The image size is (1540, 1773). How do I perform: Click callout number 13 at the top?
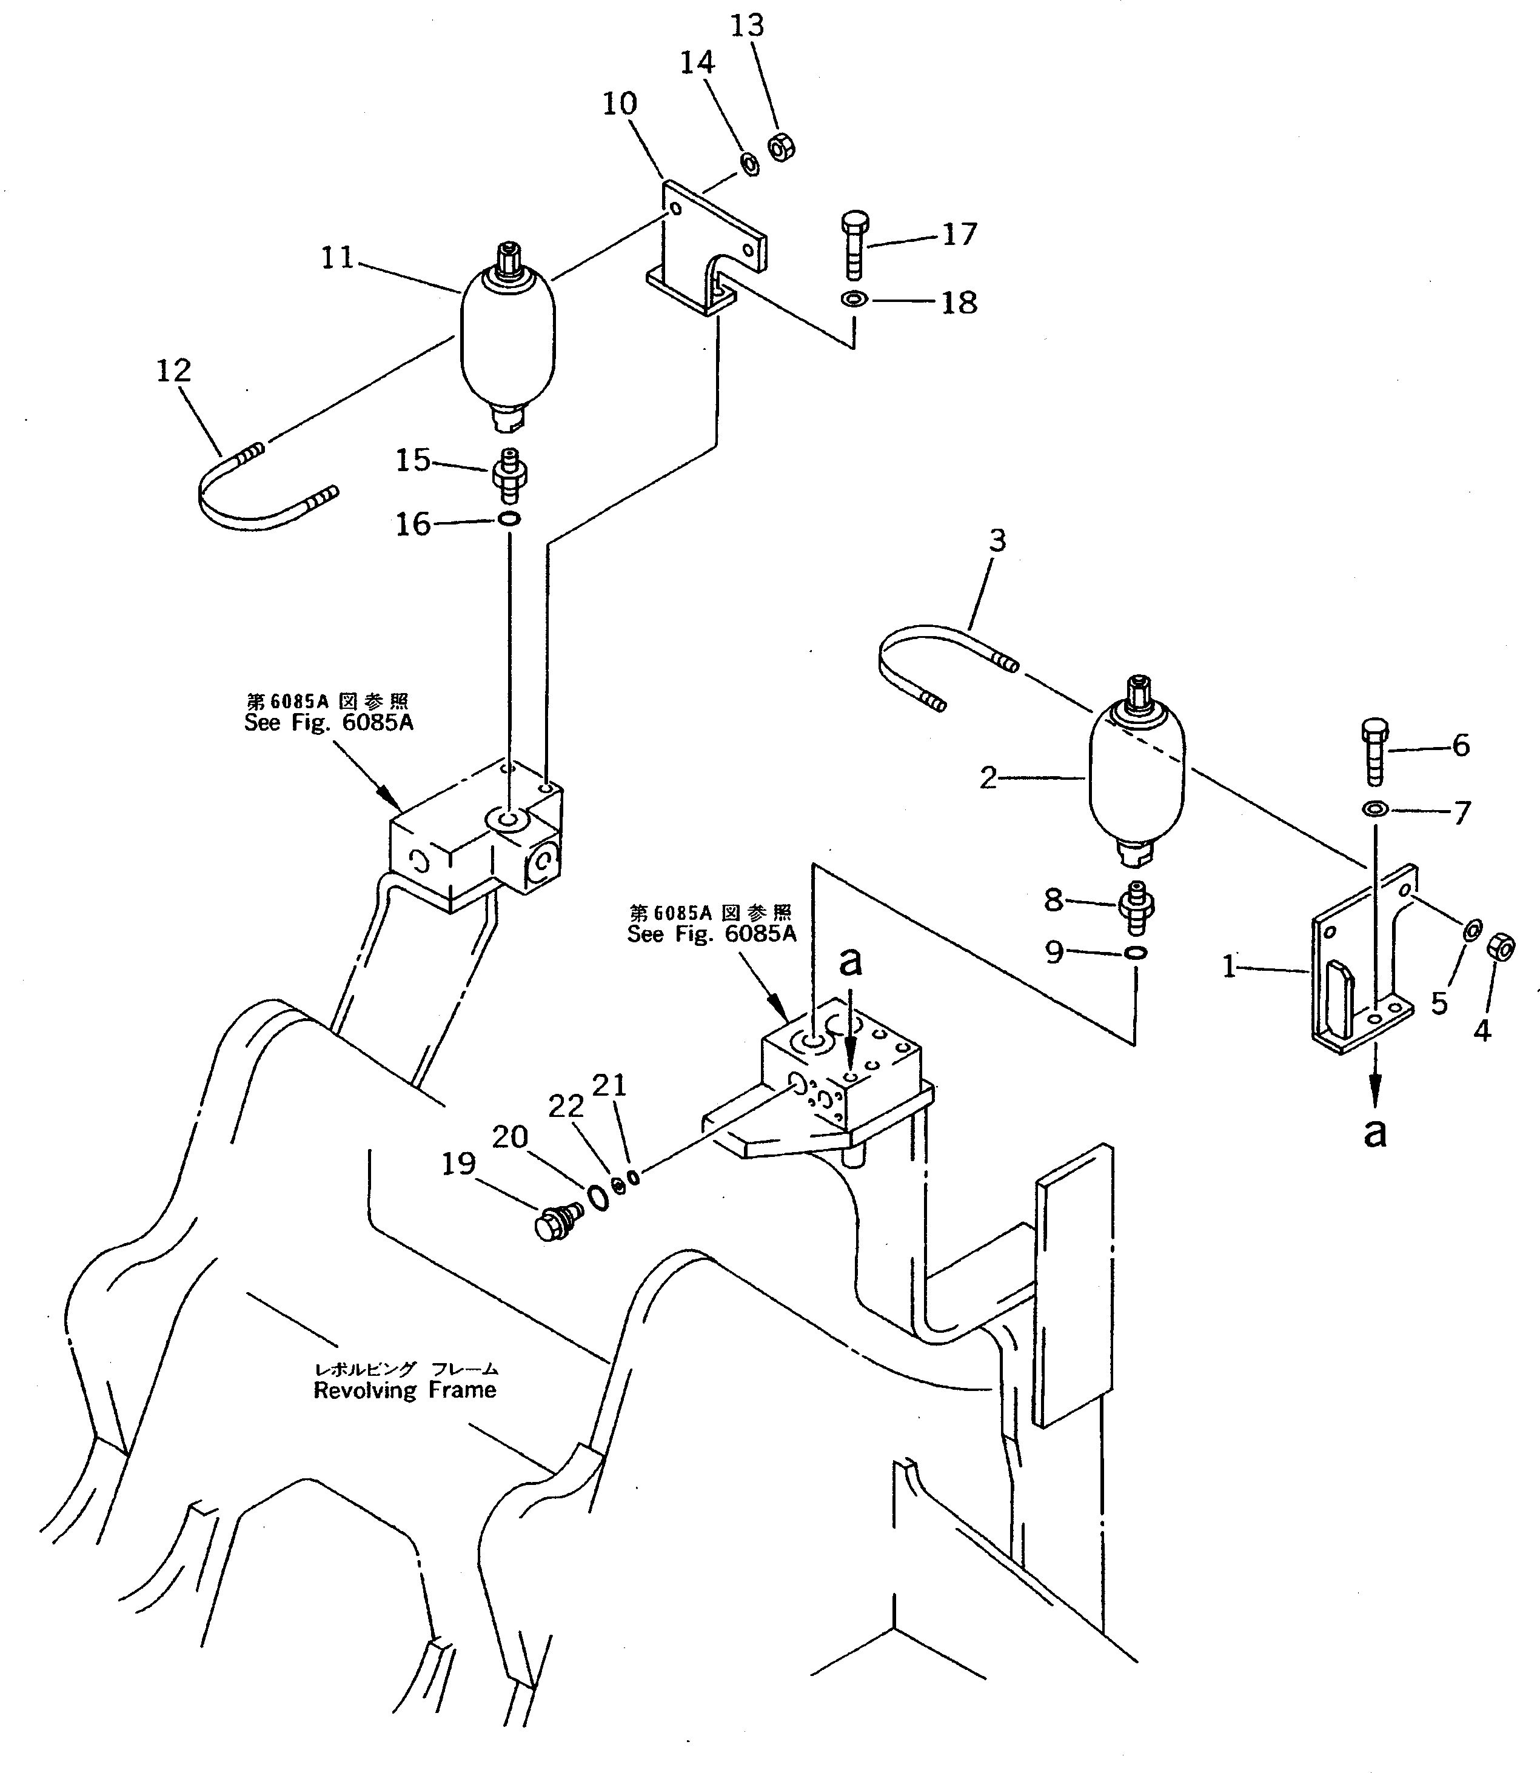click(747, 27)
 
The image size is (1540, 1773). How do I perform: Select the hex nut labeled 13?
click(780, 147)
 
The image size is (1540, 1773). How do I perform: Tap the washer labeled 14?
click(749, 163)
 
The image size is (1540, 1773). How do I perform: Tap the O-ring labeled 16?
click(509, 519)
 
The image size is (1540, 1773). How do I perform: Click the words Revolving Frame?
click(405, 1390)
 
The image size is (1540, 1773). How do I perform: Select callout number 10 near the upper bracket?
click(619, 104)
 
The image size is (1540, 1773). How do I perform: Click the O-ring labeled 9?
click(1135, 952)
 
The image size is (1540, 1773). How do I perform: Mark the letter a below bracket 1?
click(1375, 1133)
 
